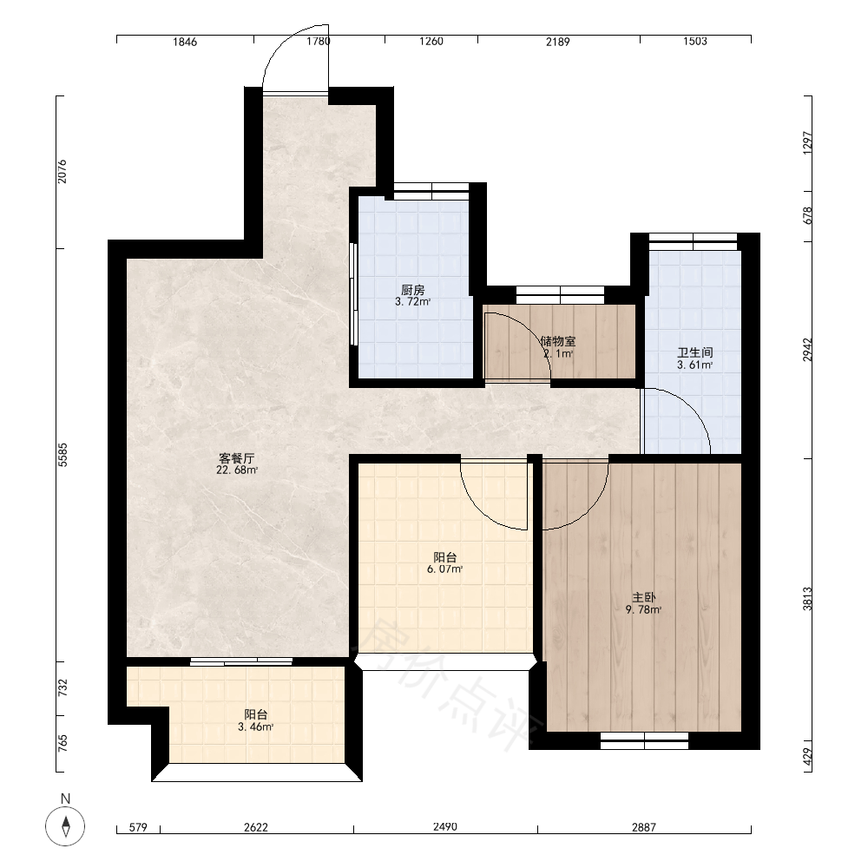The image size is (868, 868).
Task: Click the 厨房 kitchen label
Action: pyautogui.click(x=413, y=290)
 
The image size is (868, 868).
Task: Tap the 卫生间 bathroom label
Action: pyautogui.click(x=694, y=352)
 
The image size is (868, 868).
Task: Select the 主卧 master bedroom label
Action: pyautogui.click(x=644, y=598)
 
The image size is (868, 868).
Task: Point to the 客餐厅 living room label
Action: pyautogui.click(x=237, y=458)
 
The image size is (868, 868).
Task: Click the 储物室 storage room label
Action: pyautogui.click(x=558, y=341)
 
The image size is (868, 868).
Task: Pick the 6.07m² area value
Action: pyautogui.click(x=445, y=569)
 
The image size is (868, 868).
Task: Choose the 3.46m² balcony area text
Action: pyautogui.click(x=256, y=727)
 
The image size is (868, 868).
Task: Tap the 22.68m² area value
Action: pyautogui.click(x=237, y=470)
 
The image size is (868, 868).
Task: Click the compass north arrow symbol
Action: pyautogui.click(x=65, y=826)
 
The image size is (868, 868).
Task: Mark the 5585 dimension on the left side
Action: pyautogui.click(x=63, y=455)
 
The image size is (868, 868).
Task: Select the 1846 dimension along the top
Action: pyautogui.click(x=185, y=42)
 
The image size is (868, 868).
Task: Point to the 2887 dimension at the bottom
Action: pyautogui.click(x=644, y=827)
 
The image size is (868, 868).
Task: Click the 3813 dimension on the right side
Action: pyautogui.click(x=807, y=599)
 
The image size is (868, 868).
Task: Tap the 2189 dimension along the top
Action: pyautogui.click(x=558, y=42)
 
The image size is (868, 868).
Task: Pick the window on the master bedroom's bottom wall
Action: pyautogui.click(x=644, y=740)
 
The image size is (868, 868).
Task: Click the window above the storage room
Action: pyautogui.click(x=560, y=294)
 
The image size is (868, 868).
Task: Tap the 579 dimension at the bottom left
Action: pyautogui.click(x=138, y=827)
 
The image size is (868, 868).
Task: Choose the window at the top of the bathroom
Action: pyautogui.click(x=693, y=241)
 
